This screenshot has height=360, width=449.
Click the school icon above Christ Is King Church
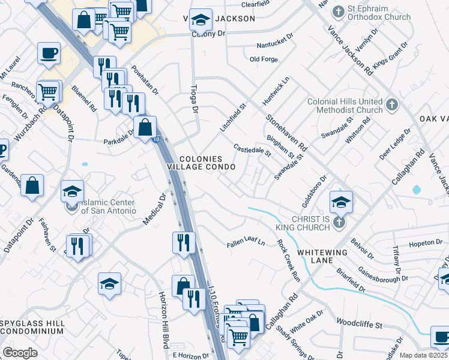[x=340, y=202]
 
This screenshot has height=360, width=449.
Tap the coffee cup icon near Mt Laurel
[x=49, y=53]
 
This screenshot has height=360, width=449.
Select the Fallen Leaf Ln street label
[x=246, y=243]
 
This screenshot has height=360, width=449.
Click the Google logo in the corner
[x=20, y=353]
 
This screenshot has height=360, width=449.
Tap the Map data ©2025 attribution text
[x=423, y=355]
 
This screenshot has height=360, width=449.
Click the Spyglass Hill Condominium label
[x=32, y=328]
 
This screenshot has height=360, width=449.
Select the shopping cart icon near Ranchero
[x=47, y=92]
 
